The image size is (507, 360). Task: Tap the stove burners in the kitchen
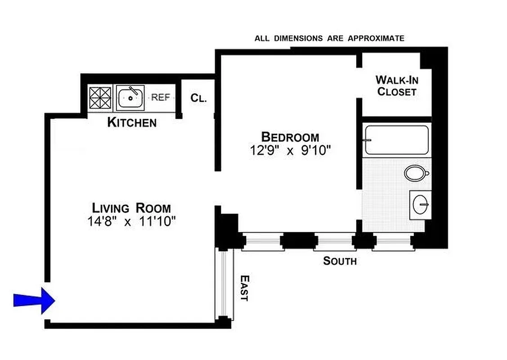100,98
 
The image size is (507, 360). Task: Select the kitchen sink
130,98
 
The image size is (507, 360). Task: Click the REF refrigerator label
160,97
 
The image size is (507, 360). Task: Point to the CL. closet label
198,98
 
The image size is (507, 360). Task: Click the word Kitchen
132,122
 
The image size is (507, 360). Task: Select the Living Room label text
131,208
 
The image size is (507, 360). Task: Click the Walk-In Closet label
396,86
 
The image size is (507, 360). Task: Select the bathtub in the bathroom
396,140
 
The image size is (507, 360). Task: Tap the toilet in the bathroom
416,173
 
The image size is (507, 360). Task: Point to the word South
340,261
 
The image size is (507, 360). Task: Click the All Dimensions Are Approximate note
329,39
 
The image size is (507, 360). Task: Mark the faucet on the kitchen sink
133,91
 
